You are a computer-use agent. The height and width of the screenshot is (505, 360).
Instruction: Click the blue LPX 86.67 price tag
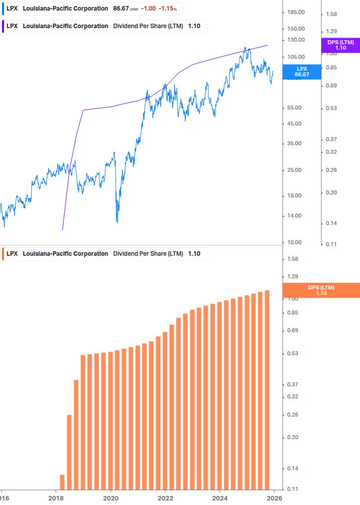point(302,71)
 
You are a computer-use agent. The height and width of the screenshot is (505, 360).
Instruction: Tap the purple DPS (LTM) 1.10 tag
point(340,45)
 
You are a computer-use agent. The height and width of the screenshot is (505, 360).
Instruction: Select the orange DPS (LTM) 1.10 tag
point(321,290)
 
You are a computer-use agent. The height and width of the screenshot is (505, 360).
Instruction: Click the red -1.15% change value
point(168,9)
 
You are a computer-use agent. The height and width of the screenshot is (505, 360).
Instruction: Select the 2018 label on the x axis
point(56,498)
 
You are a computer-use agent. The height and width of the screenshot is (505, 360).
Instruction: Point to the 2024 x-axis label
point(219,498)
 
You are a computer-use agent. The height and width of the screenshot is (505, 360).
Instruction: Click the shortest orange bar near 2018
point(62,481)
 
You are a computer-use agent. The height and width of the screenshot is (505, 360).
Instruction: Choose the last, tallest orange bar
point(267,389)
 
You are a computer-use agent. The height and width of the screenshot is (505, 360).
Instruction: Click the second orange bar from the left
point(69,451)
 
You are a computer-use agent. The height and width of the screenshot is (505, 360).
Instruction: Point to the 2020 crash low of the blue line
point(117,221)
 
